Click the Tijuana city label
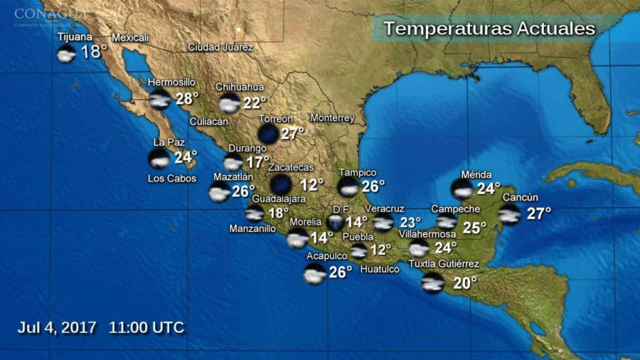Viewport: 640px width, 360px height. (x=75, y=37)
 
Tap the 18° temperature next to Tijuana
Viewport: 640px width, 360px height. (x=94, y=52)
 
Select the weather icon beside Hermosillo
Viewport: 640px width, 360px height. (x=159, y=100)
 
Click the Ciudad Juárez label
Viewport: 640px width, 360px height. (x=221, y=48)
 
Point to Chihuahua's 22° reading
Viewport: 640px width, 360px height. (x=255, y=103)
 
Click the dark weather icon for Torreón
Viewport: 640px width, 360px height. (x=268, y=133)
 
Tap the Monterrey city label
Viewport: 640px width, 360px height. (x=332, y=118)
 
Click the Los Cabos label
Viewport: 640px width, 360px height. (x=172, y=178)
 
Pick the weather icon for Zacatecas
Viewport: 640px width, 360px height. (x=281, y=184)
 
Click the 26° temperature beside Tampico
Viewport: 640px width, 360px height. (x=373, y=186)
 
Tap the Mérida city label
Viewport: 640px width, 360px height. (x=476, y=175)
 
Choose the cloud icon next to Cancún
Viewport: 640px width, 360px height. (x=509, y=214)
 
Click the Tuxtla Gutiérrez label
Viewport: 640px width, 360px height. (x=443, y=264)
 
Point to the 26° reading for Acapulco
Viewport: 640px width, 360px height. (x=340, y=272)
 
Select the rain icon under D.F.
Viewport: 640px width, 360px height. (x=335, y=222)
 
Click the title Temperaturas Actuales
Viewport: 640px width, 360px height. (x=489, y=29)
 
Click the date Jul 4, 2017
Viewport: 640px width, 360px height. (x=57, y=327)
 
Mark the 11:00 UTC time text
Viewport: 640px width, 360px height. (x=146, y=327)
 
